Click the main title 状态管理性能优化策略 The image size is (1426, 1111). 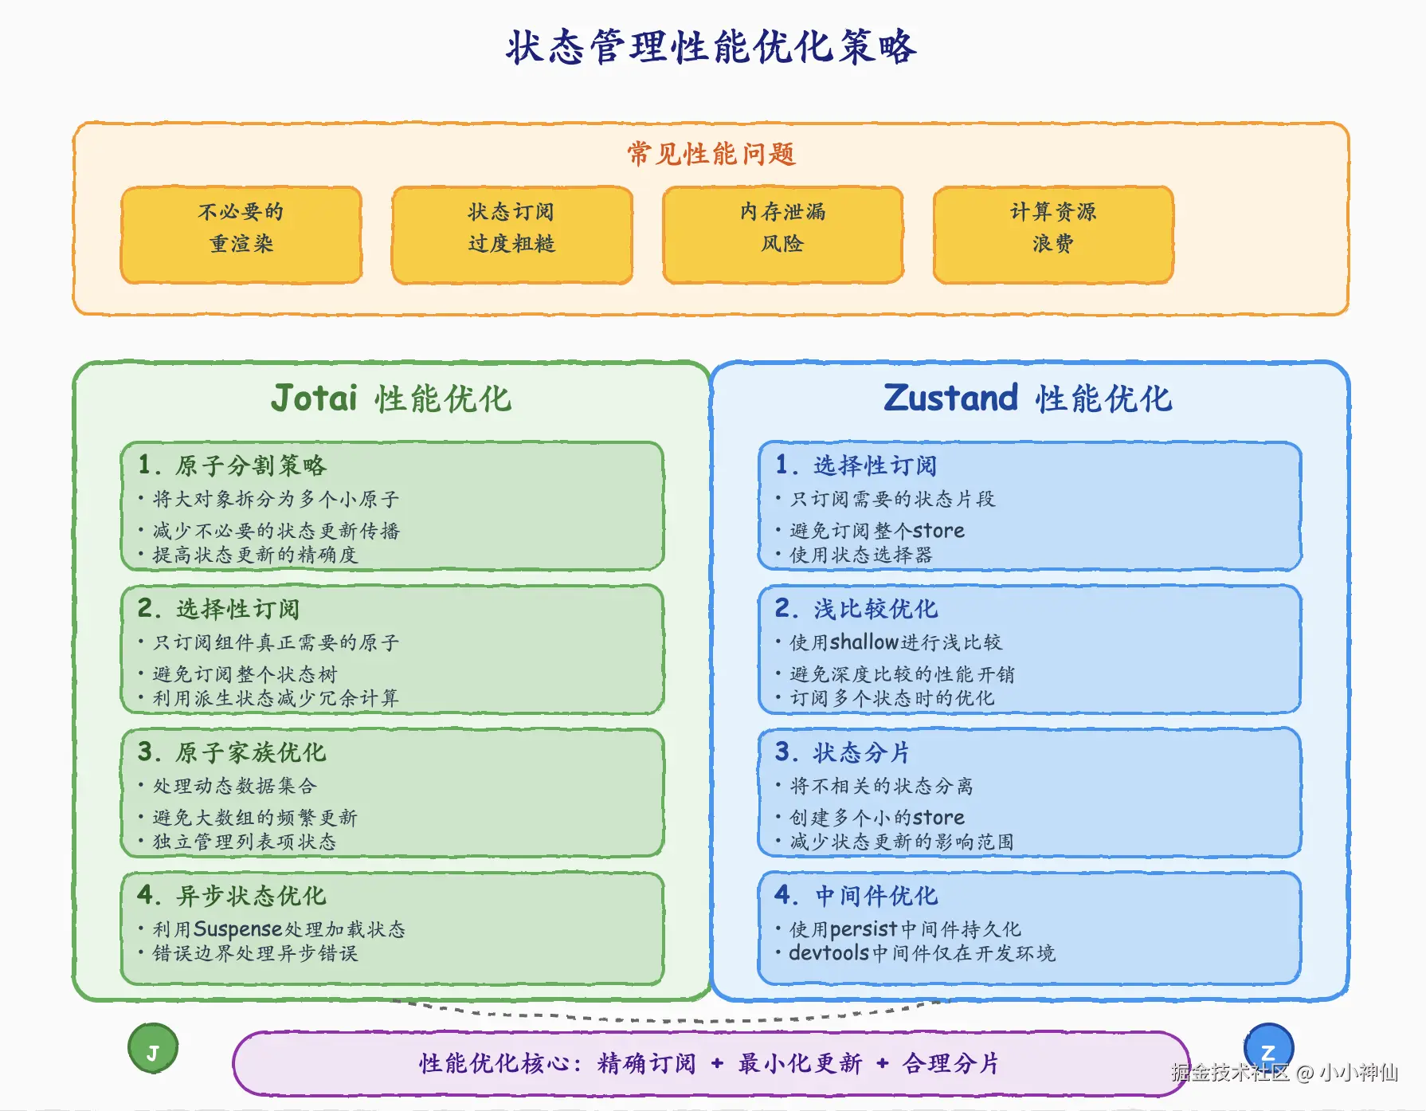coord(711,46)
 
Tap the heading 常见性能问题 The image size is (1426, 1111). coord(711,153)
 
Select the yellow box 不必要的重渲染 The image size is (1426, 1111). coord(241,234)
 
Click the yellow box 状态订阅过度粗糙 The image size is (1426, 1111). coord(511,234)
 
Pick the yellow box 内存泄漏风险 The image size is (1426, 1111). coord(782,234)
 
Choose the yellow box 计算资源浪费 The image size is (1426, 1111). coord(1053,234)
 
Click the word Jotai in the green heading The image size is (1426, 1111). coord(315,398)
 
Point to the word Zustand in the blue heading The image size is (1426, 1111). coord(951,398)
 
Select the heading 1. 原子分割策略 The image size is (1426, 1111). coord(232,465)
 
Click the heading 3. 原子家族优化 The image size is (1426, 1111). coord(232,752)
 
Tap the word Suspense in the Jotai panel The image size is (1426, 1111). coord(237,929)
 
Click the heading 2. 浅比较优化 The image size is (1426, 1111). coord(856,609)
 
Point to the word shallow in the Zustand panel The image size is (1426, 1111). coord(864,642)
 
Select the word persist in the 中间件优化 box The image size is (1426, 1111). coord(864,929)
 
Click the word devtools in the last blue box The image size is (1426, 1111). coord(829,953)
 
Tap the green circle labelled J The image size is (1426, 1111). coord(153,1049)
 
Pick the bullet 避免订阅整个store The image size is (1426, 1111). coord(877,531)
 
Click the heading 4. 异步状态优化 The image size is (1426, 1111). coord(232,895)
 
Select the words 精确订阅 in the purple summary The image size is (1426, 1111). coord(646,1063)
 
